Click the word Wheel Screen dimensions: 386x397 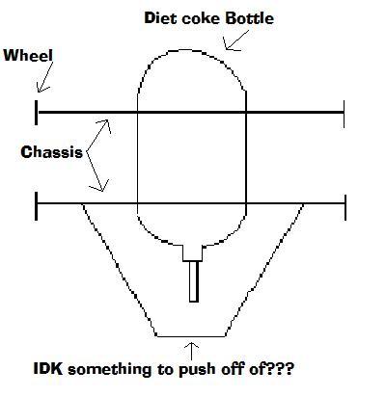pos(28,55)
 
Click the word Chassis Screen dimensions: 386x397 pos(51,152)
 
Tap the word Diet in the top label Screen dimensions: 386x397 pos(160,18)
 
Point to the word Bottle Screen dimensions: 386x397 pos(250,18)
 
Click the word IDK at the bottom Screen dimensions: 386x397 pos(48,368)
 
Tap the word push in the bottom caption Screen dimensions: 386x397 pos(197,369)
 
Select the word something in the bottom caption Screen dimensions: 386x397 pos(109,369)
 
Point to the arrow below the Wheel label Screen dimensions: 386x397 pos(44,77)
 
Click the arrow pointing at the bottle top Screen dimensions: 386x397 pos(236,40)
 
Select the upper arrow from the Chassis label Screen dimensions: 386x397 pos(97,136)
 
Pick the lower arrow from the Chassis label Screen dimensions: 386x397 pos(96,172)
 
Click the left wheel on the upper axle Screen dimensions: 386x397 pos(36,113)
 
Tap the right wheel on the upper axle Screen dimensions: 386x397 pos(345,114)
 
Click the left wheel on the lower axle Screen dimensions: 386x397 pos(36,206)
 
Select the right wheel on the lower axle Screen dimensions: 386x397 pos(345,207)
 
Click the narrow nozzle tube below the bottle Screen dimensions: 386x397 pos(194,281)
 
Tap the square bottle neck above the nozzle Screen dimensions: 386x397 pos(192,253)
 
